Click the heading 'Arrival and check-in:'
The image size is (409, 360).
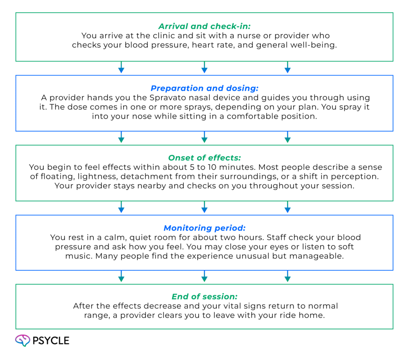click(204, 26)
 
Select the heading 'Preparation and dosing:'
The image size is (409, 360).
click(204, 88)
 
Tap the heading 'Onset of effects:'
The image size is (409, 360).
click(204, 157)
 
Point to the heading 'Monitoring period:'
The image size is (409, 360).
click(204, 228)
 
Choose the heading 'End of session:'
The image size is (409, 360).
click(204, 297)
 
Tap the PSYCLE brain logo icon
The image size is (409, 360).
click(23, 340)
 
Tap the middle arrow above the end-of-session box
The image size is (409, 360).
click(204, 277)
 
